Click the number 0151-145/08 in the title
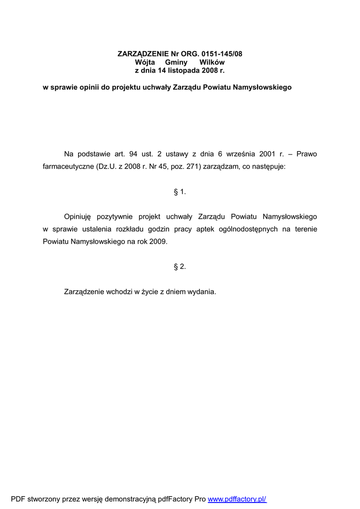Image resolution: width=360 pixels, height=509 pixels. point(222,54)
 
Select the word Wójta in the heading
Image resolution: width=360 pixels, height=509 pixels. point(145,62)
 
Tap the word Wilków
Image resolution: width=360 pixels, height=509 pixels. point(212,62)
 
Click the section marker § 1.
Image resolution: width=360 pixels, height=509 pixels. point(180,192)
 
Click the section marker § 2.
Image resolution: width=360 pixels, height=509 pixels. point(180,266)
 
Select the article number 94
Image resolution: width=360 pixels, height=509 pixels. point(133,154)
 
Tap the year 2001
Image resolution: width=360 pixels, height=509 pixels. point(267,154)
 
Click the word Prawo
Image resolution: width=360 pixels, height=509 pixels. point(306,154)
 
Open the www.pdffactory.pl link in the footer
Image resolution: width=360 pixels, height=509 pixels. point(237,499)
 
